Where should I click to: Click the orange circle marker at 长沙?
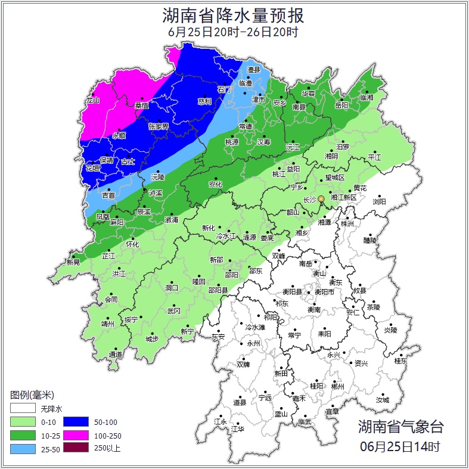coord(321,198)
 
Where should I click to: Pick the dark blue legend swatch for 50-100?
coord(76,422)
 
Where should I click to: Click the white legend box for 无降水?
coord(23,409)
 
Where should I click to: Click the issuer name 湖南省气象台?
coord(400,427)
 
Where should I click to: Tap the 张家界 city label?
coord(159,126)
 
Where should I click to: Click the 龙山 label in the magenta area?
coord(92,100)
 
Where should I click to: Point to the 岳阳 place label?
coord(341,105)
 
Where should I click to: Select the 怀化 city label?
coord(132,244)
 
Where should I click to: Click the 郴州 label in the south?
coord(337,386)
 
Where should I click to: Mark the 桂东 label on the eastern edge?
coord(400,361)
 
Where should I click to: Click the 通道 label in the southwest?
coord(116,355)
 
